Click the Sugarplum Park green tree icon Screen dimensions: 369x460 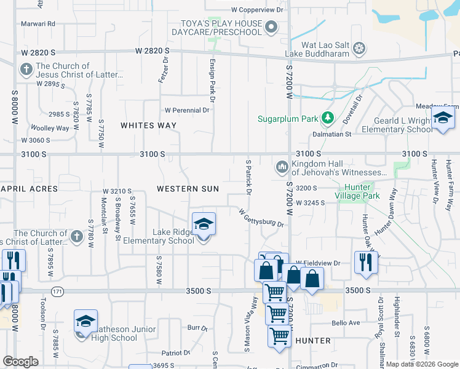(x=328, y=117)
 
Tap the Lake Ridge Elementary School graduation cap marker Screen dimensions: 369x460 (x=204, y=225)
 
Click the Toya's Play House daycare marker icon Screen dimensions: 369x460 (x=272, y=27)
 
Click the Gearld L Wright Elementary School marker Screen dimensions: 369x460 (x=442, y=119)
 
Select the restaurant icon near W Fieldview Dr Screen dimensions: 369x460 (x=366, y=262)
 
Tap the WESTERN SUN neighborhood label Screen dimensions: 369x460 (x=188, y=189)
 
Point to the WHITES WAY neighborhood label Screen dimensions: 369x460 (x=148, y=125)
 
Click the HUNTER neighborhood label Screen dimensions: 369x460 (x=313, y=340)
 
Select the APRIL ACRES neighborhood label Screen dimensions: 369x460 (x=29, y=189)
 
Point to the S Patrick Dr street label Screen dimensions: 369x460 (x=248, y=178)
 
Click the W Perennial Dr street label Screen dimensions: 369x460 (x=186, y=111)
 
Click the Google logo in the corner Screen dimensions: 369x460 (x=20, y=362)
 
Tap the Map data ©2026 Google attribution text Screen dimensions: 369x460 (x=421, y=364)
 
